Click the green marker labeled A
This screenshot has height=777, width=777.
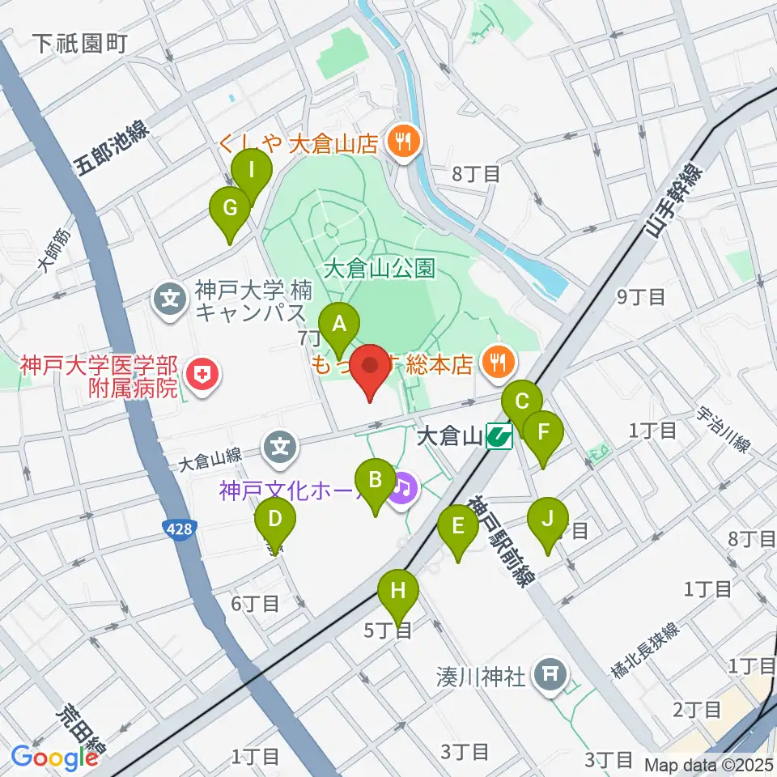[340, 325]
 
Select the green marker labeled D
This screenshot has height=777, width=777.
[274, 519]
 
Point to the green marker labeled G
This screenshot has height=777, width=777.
[230, 209]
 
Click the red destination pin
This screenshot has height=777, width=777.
[372, 367]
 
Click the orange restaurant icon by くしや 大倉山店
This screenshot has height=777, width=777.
[401, 143]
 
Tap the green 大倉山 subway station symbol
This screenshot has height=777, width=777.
[499, 438]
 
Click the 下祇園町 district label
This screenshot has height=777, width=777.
[82, 44]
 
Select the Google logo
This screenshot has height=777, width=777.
[54, 758]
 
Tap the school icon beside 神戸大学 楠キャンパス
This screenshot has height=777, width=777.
[171, 298]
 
